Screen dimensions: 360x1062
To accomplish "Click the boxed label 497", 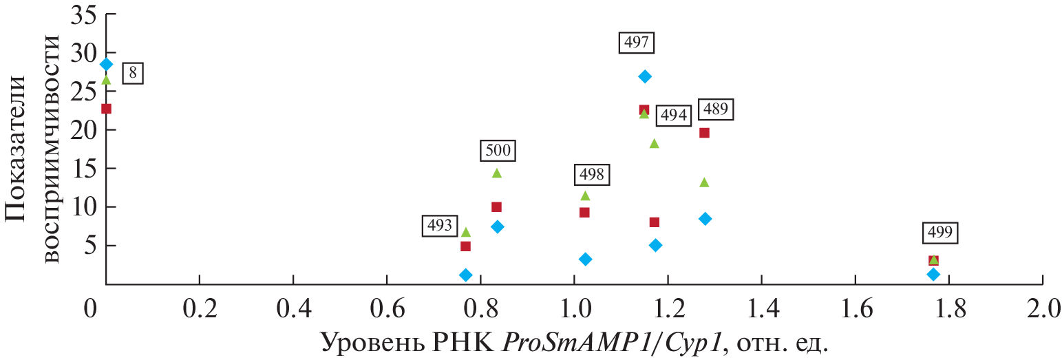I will coord(637,43).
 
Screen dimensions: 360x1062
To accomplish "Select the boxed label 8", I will coord(132,74).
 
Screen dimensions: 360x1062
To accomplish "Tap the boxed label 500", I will coord(497,150).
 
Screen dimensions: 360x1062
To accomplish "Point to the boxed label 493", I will coord(440,225).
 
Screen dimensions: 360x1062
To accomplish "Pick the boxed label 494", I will coord(673,116).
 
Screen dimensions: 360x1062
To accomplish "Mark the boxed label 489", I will coord(716,109).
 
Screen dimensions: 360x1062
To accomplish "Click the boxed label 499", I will coord(941,233).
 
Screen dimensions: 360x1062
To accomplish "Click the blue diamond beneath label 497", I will coord(644,76).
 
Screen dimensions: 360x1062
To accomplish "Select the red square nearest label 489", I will coord(704,133).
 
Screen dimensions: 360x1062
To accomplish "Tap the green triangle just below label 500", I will coord(497,173).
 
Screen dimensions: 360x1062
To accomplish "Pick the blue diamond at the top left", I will coord(106,64).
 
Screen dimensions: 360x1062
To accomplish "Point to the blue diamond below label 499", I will coord(933,274).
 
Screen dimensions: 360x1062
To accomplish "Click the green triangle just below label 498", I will coord(585,195).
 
